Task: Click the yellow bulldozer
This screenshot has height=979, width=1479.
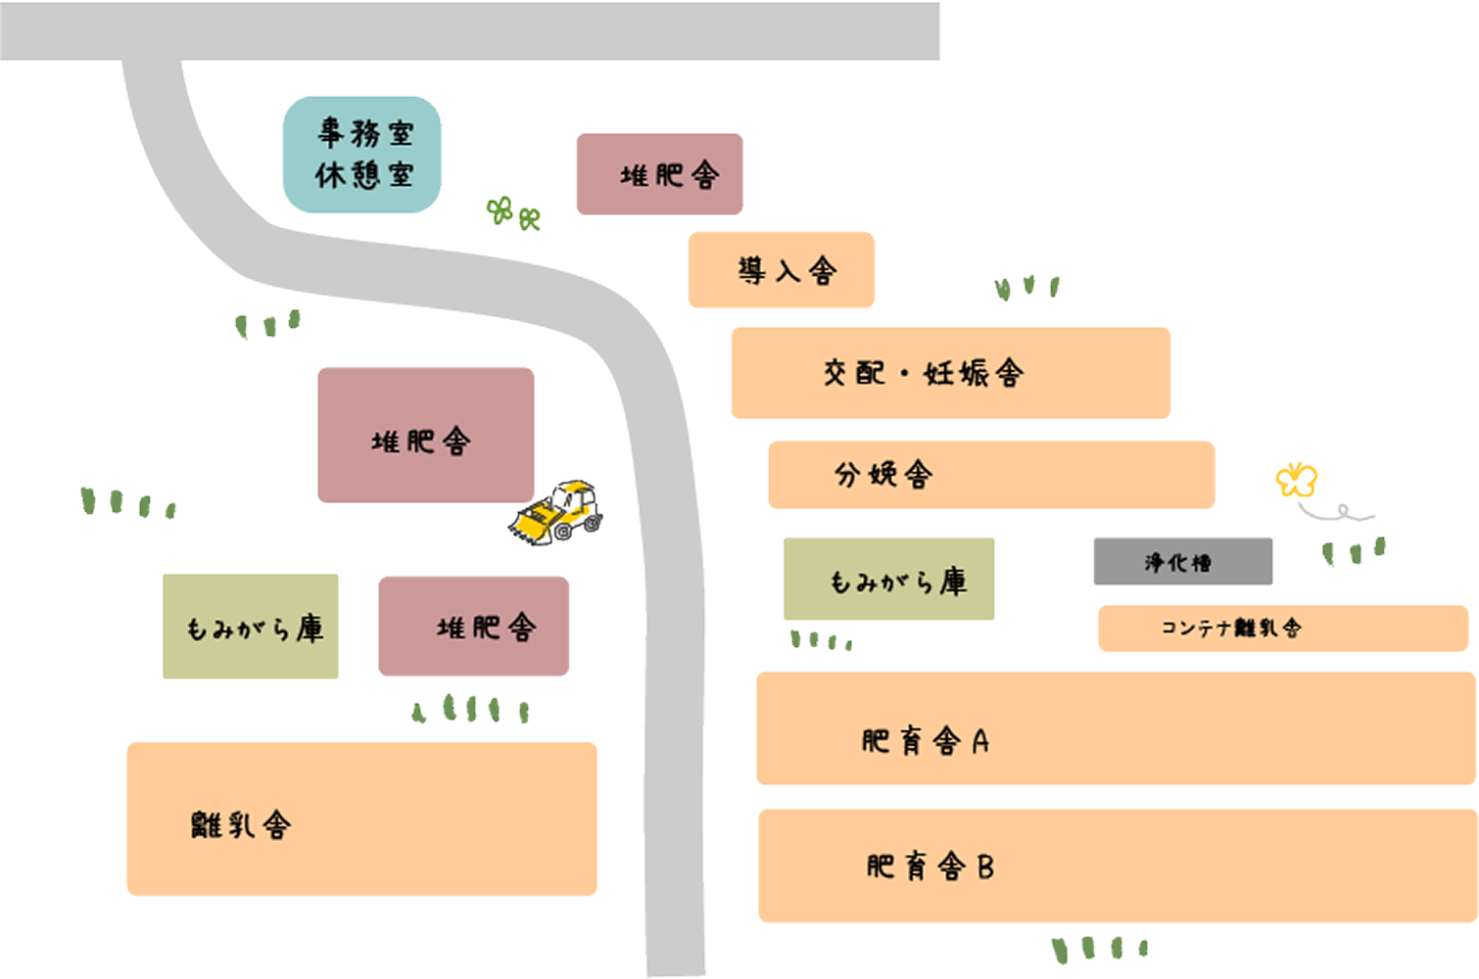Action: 556,512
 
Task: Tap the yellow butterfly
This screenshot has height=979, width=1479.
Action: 1296,480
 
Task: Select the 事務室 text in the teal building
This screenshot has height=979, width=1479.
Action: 364,132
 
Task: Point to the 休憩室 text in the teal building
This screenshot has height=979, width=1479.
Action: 364,175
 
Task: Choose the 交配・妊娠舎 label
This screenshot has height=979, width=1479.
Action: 924,373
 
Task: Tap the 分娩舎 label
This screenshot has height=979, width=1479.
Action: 883,475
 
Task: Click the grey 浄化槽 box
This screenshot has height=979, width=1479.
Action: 1182,562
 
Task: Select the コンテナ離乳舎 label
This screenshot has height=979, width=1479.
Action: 1230,629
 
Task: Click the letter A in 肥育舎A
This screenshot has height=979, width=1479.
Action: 980,742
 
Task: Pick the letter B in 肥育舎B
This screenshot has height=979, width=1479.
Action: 984,866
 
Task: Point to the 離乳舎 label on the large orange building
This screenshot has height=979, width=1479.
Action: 241,825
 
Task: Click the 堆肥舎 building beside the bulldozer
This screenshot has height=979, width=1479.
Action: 425,435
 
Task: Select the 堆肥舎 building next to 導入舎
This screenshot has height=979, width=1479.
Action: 659,174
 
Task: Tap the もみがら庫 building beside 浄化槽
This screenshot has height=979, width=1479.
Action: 888,579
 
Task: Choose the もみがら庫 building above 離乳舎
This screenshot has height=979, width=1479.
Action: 251,627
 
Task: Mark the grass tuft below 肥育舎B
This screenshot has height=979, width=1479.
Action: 1099,948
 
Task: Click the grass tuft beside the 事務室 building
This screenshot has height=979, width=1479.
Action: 513,211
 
